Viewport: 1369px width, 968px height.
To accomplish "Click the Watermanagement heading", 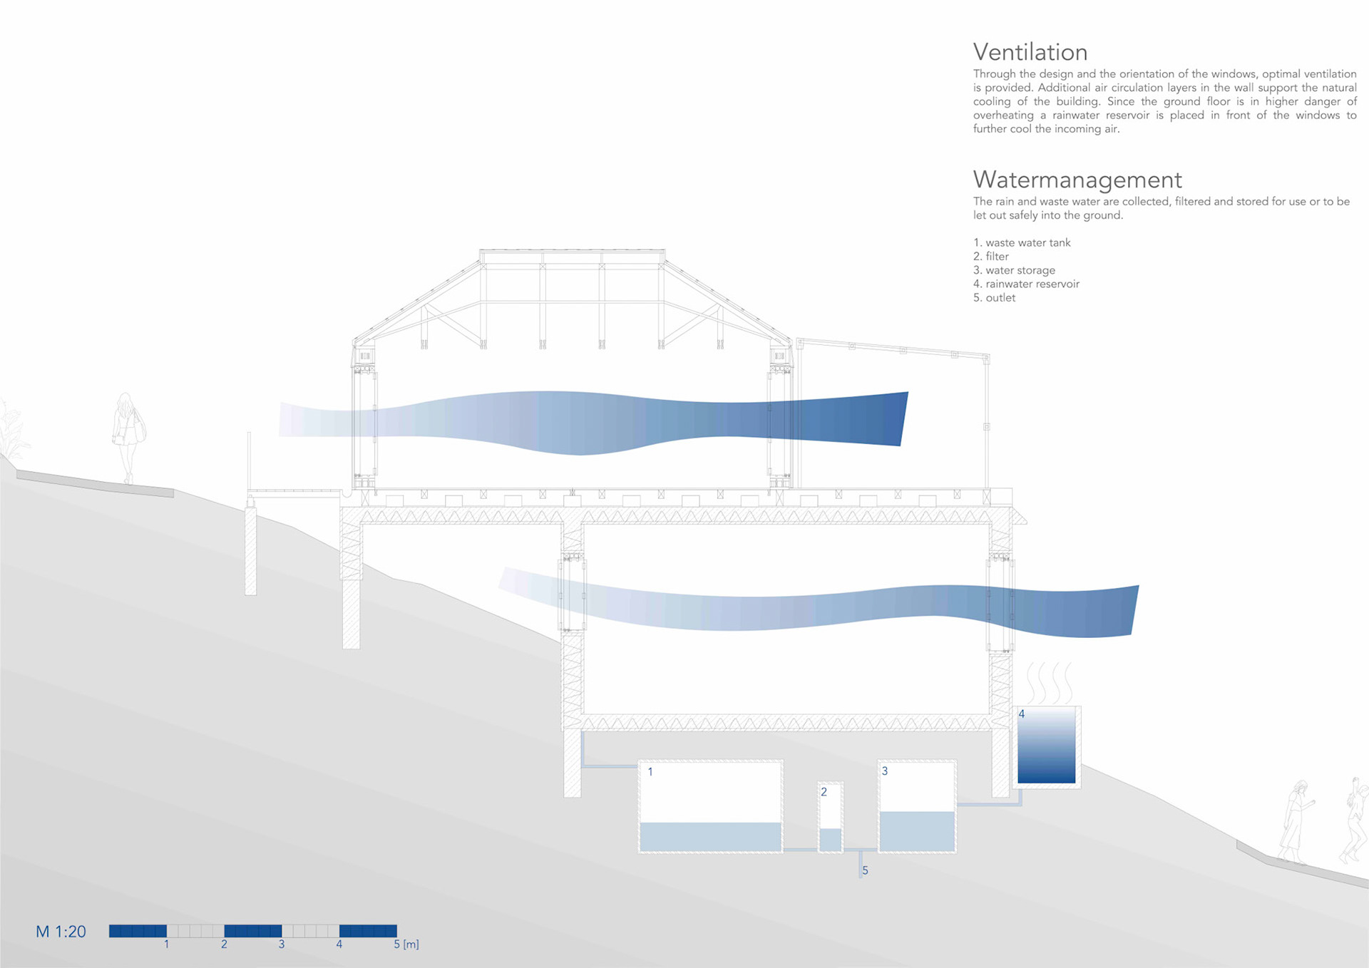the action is (x=1077, y=180).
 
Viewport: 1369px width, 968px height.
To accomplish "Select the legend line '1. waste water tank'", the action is (x=1022, y=243).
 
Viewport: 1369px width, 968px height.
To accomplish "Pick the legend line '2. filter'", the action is (x=991, y=257).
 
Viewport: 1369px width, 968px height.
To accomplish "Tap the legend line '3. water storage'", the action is (x=1014, y=270).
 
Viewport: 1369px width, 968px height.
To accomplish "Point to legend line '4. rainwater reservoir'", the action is (x=1026, y=284).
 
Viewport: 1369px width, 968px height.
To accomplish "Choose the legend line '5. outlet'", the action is (x=994, y=298).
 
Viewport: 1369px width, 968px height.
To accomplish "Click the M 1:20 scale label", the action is (x=61, y=932).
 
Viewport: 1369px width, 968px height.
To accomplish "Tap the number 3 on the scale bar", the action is (x=282, y=944).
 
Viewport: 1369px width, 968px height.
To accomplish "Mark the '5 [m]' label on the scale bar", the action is (x=406, y=944).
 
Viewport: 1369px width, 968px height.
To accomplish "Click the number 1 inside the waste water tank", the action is (x=650, y=772).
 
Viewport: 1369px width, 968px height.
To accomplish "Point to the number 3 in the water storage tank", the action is (x=885, y=771).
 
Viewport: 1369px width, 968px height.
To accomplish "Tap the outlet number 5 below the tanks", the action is (x=865, y=870).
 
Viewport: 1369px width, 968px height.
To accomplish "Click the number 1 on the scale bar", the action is (x=167, y=944).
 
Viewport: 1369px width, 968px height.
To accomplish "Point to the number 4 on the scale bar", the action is (x=339, y=944).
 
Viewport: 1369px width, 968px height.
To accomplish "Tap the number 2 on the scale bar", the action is (x=224, y=944).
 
